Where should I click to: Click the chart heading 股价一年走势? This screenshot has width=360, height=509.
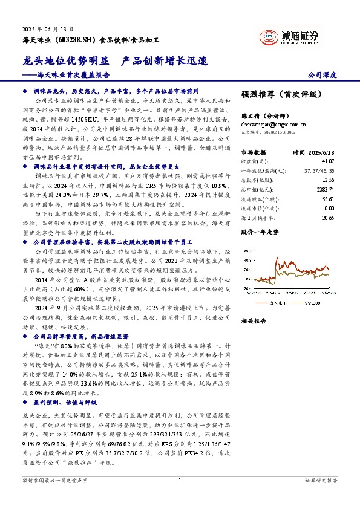tap(261, 231)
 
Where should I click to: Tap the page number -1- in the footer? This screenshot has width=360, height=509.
tap(179, 497)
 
